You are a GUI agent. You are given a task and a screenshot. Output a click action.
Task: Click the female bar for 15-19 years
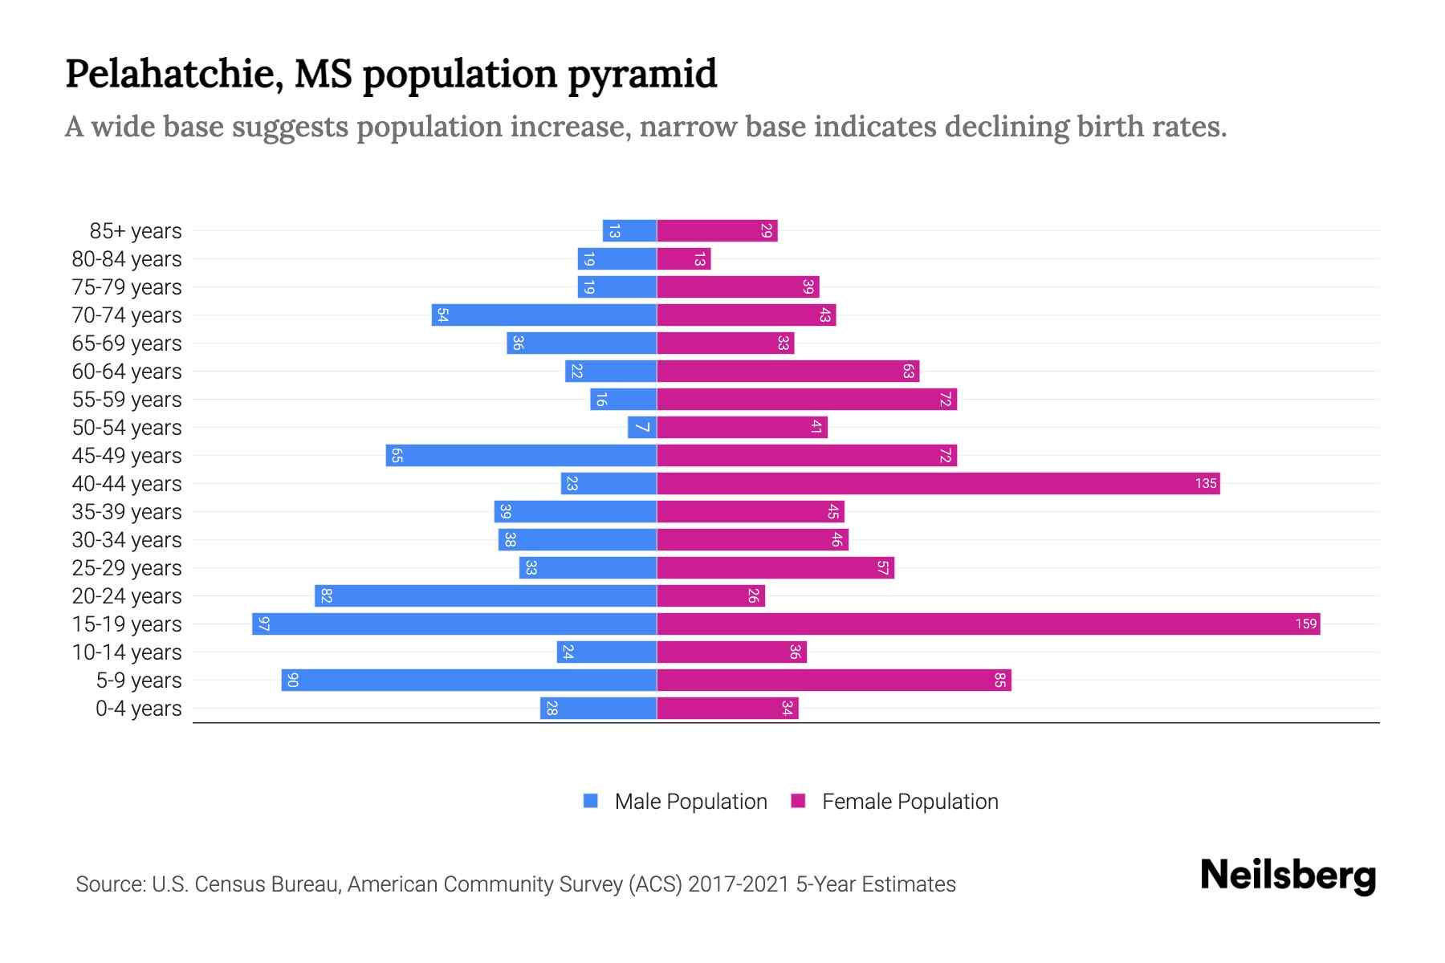point(987,624)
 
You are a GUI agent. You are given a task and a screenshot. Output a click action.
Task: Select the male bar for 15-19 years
point(454,624)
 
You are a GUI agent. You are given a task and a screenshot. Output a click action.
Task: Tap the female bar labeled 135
point(938,483)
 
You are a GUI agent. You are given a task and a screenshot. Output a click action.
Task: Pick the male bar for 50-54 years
point(642,427)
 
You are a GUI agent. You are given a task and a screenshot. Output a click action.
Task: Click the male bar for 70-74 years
point(544,315)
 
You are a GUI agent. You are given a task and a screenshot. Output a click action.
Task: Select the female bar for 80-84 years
point(683,258)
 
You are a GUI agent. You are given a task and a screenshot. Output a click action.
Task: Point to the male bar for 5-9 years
point(469,680)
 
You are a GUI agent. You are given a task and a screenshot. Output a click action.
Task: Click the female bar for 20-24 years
point(710,595)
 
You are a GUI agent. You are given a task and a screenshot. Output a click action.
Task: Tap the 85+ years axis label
point(136,231)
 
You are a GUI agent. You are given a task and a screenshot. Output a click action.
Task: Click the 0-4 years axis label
point(138,709)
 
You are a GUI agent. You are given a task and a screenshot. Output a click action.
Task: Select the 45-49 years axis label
point(127,456)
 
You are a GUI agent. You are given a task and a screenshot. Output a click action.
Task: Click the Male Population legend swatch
point(591,801)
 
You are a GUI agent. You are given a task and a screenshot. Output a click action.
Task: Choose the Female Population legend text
point(910,801)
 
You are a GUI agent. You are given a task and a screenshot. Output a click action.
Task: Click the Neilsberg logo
point(1288,876)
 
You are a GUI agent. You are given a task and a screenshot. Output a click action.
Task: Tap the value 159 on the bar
point(1305,624)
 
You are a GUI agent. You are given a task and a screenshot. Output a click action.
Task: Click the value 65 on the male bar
point(397,456)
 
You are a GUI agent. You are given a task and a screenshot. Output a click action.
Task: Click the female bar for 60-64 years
point(788,371)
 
